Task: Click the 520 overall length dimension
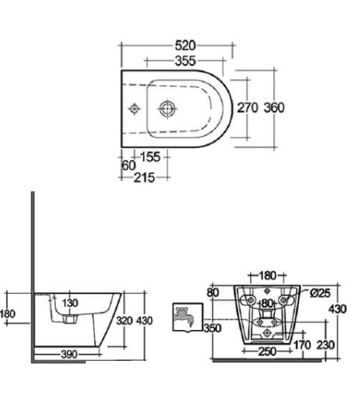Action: point(185,46)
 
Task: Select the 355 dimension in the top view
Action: point(185,61)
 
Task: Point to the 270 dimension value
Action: point(247,107)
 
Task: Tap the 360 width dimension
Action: point(274,107)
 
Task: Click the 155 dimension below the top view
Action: point(150,157)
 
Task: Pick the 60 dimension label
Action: point(128,166)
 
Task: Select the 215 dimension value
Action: point(144,178)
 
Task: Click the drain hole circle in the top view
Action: point(168,108)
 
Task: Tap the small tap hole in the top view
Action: point(134,108)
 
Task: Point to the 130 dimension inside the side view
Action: point(70,303)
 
